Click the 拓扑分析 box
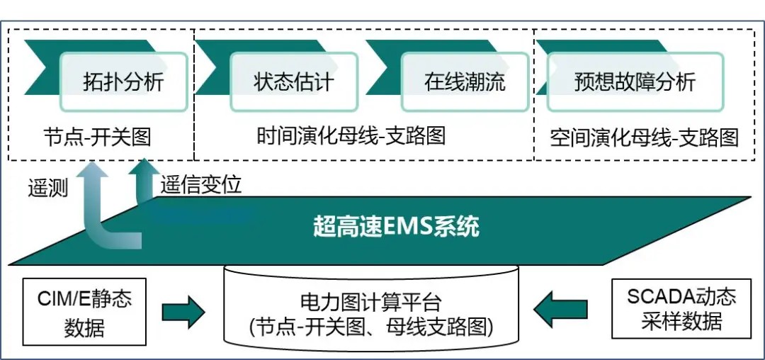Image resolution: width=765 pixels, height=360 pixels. click(x=123, y=82)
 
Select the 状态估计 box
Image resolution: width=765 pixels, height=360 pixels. click(x=293, y=82)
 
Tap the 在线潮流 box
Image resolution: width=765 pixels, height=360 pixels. click(x=465, y=82)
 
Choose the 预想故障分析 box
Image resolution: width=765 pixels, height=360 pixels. click(x=634, y=82)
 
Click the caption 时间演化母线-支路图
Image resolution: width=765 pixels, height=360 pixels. click(x=351, y=135)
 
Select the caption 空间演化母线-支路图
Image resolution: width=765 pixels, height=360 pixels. click(x=644, y=137)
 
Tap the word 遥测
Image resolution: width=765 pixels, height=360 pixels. click(x=48, y=189)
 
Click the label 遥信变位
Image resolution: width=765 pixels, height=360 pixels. click(x=201, y=185)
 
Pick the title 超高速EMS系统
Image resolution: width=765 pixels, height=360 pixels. click(x=396, y=227)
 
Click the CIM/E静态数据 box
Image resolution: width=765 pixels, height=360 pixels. click(x=84, y=312)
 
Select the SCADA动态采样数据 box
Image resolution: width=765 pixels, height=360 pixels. click(x=681, y=309)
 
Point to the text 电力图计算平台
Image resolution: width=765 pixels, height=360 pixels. click(x=370, y=303)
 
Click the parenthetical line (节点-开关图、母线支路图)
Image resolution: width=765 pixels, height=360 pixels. click(x=370, y=327)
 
